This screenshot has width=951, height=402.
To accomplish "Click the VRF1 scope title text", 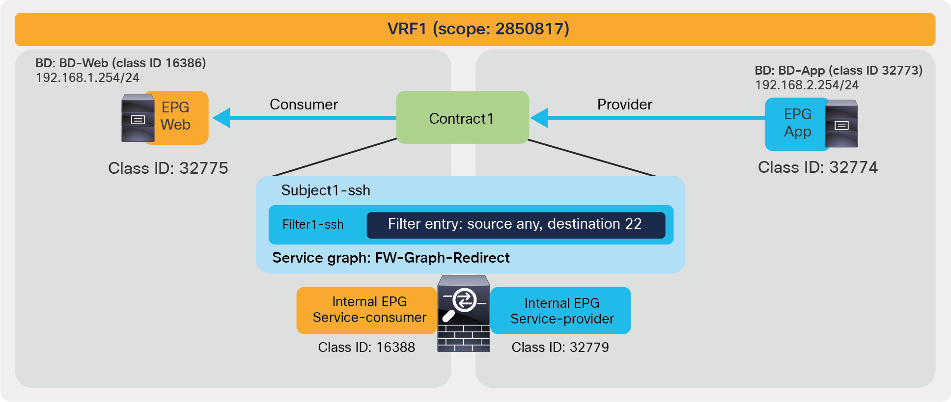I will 478,29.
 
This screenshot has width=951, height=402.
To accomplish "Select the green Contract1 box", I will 462,118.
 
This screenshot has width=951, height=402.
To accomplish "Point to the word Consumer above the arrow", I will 304,105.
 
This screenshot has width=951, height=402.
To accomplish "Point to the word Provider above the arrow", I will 624,105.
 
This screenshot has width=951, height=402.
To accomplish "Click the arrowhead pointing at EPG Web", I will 222,118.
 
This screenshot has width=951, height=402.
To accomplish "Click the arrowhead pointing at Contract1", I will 539,118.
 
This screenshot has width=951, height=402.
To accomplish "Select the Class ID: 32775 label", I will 168,168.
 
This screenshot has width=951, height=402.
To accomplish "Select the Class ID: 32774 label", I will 817,167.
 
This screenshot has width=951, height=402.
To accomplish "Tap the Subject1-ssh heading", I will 325,190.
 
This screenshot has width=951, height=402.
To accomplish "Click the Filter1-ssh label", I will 312,225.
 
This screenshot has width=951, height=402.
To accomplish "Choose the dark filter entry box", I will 515,225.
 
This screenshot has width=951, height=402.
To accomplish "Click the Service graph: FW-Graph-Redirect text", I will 391,258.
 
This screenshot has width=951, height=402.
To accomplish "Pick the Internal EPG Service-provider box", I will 561,311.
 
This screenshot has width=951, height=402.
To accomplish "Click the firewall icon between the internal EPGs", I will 463,314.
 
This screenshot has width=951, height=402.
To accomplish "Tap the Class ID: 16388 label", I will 366,348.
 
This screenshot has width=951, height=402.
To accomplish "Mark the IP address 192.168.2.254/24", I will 806,85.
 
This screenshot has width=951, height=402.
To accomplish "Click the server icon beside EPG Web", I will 138,118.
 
